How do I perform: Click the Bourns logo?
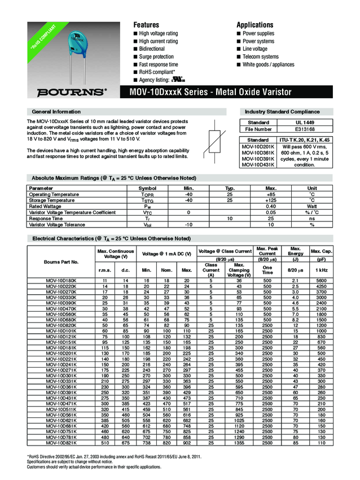tap(72, 91)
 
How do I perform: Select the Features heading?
tap(146, 25)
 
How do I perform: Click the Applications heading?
tap(255, 25)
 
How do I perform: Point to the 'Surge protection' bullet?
tap(156, 57)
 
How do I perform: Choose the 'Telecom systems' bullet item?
tap(260, 57)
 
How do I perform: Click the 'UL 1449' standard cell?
tap(304, 123)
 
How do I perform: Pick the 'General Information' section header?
tap(56, 112)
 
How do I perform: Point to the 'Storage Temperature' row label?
tap(51, 200)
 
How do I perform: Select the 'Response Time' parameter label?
tap(46, 219)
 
